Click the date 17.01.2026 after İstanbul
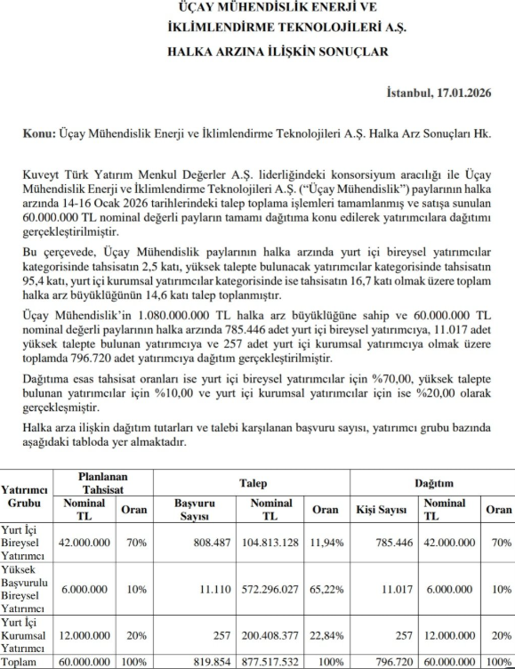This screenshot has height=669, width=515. click(x=465, y=93)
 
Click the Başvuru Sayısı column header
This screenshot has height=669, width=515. click(x=190, y=510)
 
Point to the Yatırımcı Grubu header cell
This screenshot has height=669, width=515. click(x=26, y=496)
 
